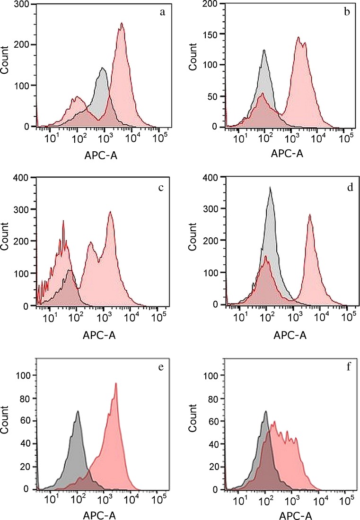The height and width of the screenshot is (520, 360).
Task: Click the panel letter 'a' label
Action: pos(162,12)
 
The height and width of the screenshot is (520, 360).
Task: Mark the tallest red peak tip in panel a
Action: pos(122,23)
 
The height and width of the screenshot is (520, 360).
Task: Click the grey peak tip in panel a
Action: pos(102,68)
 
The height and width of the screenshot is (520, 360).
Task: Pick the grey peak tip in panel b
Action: pos(264,50)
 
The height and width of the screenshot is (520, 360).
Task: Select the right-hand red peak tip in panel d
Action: pos(310,215)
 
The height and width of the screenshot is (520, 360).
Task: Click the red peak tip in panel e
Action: pos(115,383)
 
